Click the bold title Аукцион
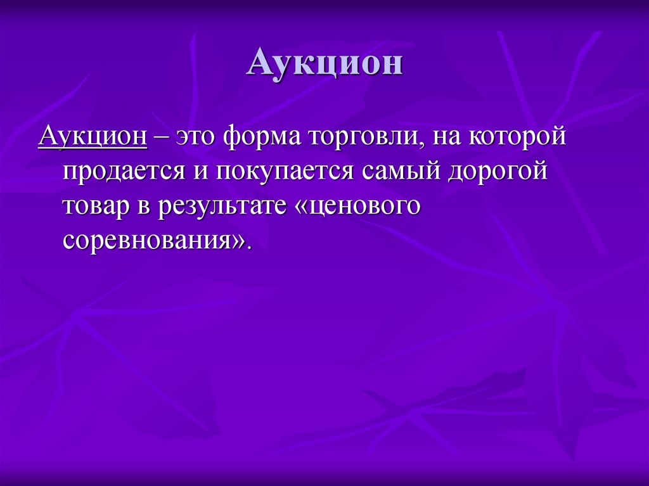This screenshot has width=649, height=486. (324, 64)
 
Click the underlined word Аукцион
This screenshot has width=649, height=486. (93, 137)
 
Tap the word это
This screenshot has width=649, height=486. (197, 137)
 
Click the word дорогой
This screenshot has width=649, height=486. (498, 173)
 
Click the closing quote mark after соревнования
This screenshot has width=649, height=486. (236, 243)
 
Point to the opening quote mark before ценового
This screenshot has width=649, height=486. (300, 208)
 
